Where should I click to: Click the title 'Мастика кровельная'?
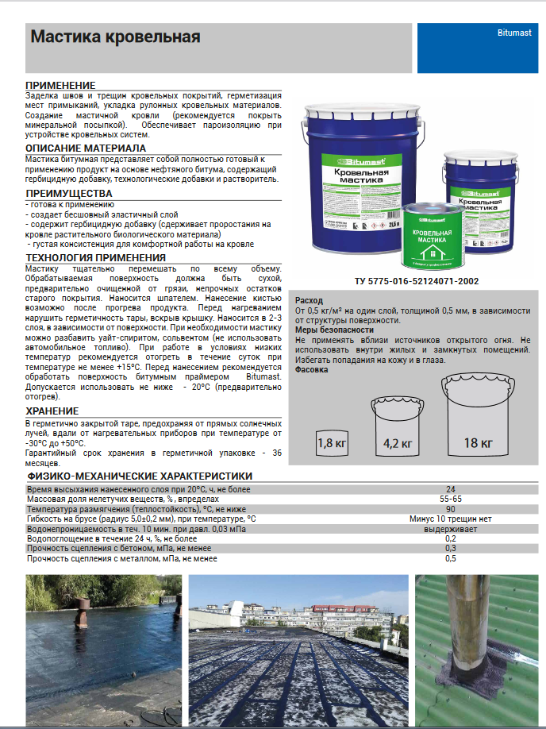[x=115, y=37]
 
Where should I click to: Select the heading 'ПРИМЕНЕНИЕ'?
[x=60, y=85]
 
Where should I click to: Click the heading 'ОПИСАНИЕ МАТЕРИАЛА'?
[x=86, y=148]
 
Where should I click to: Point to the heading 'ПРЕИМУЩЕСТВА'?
[x=69, y=193]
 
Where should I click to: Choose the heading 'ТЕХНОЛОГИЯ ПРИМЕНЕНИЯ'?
[x=96, y=257]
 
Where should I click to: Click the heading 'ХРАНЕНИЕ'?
[x=52, y=411]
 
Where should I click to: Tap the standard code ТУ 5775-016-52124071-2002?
[x=417, y=282]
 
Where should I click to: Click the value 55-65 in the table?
[x=451, y=499]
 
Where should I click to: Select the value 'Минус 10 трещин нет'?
[x=451, y=519]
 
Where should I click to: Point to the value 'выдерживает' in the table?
[x=451, y=528]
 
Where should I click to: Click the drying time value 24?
[x=451, y=488]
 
